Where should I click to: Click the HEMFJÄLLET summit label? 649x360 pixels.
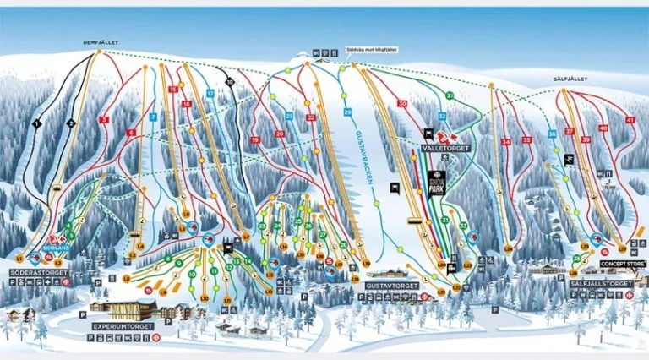click(x=99, y=41)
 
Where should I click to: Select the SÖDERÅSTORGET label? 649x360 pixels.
click(x=38, y=273)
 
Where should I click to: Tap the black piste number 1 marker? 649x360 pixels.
click(x=36, y=123)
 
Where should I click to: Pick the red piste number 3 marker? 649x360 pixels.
click(x=104, y=121)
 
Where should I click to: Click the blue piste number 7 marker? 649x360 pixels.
click(x=153, y=117)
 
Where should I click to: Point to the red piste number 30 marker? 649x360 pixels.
click(x=402, y=103)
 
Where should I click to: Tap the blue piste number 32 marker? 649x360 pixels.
click(x=442, y=116)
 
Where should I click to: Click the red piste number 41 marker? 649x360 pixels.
click(x=629, y=120)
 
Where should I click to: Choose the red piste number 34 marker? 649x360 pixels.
click(x=505, y=142)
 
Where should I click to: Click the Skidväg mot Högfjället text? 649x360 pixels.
click(x=371, y=48)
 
